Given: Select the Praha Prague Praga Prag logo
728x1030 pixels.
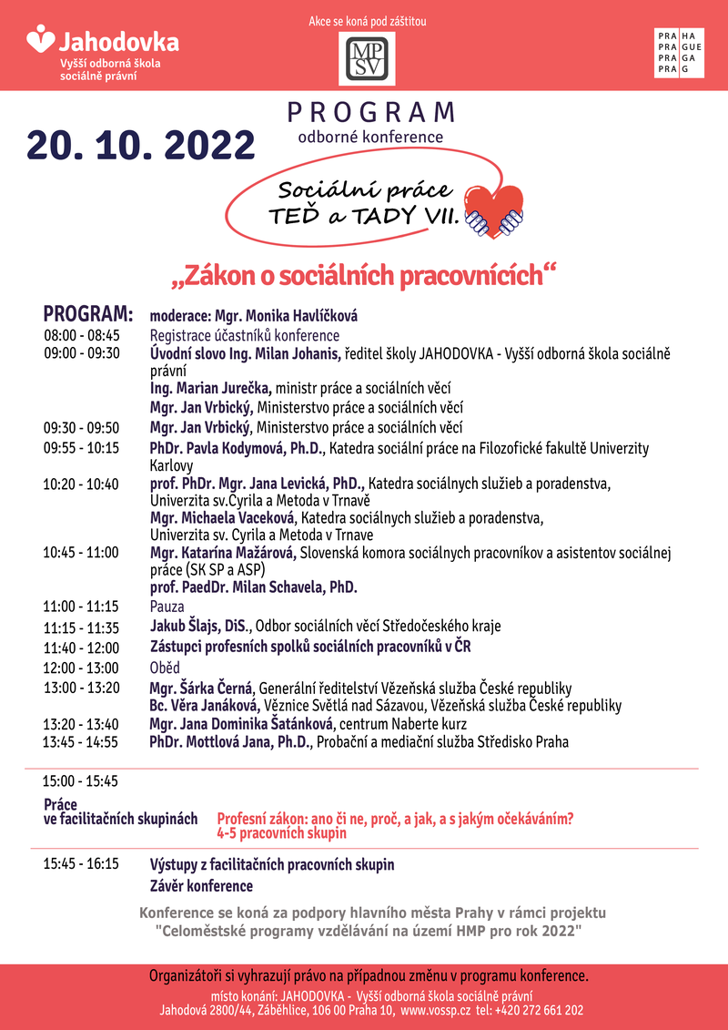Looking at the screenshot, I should pos(678,53).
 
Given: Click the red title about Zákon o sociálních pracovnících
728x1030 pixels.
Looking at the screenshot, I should pos(363,275).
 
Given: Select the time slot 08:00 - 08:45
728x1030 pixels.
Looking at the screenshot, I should pos(82,335).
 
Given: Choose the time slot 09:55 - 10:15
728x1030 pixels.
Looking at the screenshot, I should pos(82,447).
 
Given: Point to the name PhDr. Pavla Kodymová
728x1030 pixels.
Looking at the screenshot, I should pos(237,447).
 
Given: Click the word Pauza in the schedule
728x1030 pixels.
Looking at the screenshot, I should pos(167,606).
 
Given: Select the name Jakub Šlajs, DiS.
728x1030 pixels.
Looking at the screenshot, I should pos(201,626).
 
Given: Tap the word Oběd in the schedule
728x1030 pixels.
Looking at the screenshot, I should pos(165,668).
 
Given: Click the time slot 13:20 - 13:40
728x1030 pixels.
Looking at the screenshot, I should pos(81,724).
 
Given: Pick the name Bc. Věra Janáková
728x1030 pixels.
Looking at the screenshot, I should pos(205,706).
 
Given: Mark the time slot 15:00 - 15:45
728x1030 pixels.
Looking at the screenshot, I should pos(81,780).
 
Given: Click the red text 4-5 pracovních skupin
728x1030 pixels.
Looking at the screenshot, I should pos(281,833).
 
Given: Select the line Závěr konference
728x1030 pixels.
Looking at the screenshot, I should pos(201,885).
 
